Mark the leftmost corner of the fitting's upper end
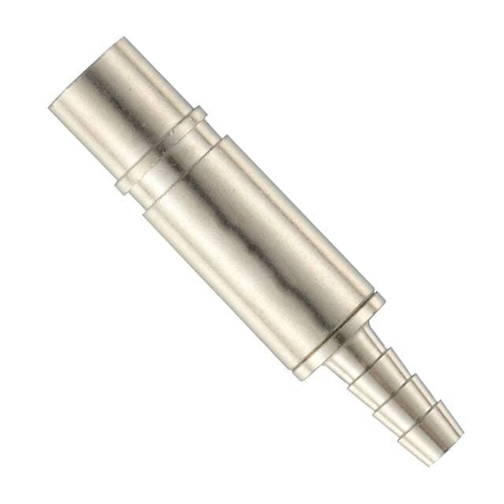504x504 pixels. [x=50, y=107]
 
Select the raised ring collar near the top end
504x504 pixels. [x=161, y=150]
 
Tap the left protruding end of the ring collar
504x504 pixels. [x=120, y=188]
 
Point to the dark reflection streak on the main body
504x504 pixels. [x=236, y=228]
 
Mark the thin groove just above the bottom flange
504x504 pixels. [x=331, y=331]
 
